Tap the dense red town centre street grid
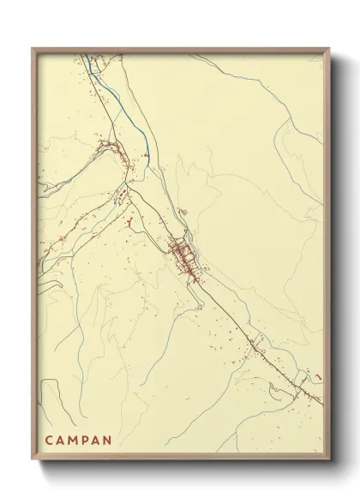tap(183, 255)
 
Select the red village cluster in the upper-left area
tap(111, 154)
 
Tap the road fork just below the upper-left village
tap(127, 182)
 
